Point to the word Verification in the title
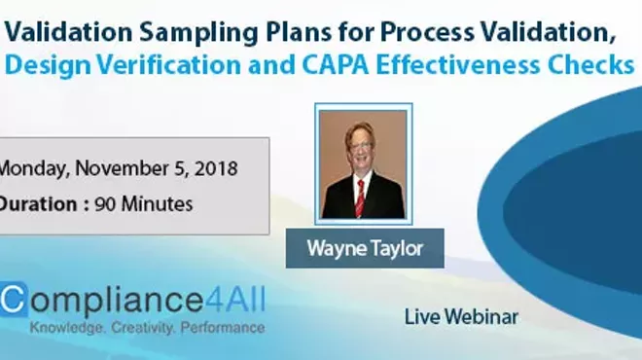point(162,64)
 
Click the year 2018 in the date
point(212,166)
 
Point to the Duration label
point(40,204)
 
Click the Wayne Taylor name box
point(364,247)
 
